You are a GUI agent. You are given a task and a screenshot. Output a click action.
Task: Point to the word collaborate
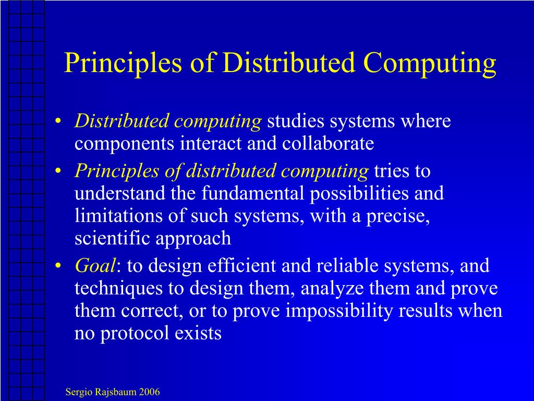(329, 144)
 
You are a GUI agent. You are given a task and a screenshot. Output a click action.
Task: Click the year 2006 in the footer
(149, 392)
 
